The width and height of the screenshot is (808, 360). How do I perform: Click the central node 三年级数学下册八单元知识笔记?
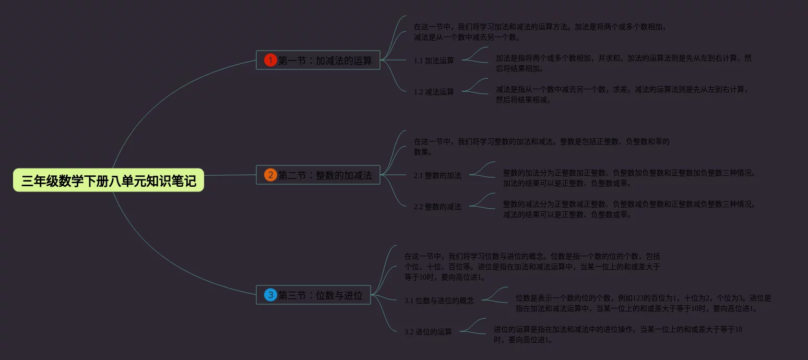click(109, 181)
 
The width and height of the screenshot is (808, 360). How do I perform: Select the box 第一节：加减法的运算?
click(318, 60)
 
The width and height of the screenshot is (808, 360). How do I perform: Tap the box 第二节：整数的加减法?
click(318, 175)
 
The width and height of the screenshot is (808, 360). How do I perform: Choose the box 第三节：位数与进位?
click(313, 295)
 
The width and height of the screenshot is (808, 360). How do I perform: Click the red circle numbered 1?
click(270, 60)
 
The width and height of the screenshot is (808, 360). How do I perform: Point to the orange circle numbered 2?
click(270, 175)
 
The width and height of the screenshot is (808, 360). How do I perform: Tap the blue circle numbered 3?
click(270, 295)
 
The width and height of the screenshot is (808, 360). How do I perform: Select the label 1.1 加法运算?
click(434, 61)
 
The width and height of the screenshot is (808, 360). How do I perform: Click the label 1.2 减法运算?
click(434, 92)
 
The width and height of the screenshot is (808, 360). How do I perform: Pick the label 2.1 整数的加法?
click(437, 175)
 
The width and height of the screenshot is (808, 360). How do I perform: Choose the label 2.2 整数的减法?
click(437, 207)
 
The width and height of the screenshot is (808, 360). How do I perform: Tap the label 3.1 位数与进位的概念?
click(439, 301)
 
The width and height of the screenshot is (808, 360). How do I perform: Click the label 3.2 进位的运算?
click(428, 332)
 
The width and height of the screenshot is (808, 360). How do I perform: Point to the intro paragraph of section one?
click(540, 32)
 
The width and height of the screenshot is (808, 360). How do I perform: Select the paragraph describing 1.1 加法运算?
click(623, 63)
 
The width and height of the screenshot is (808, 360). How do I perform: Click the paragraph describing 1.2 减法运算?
click(623, 94)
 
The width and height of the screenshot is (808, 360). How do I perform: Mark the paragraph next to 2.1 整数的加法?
click(629, 178)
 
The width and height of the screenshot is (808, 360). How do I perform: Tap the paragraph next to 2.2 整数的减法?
click(629, 209)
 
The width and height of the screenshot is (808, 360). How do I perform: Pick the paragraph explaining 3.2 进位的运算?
click(617, 334)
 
